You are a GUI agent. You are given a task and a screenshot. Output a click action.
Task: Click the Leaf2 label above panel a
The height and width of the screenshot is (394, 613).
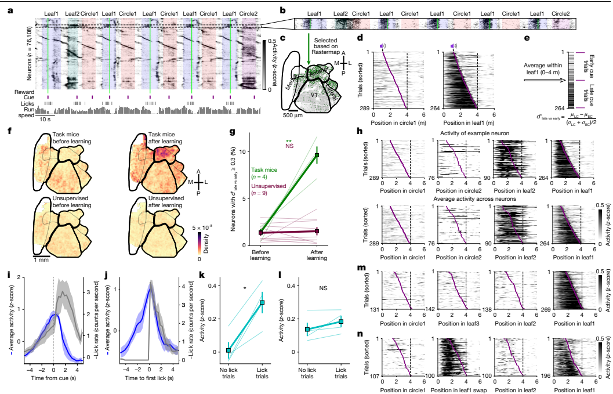72,12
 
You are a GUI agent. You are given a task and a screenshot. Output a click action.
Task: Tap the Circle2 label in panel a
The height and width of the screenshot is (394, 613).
249,12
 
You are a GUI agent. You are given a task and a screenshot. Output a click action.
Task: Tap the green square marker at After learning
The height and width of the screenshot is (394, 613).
317,155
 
